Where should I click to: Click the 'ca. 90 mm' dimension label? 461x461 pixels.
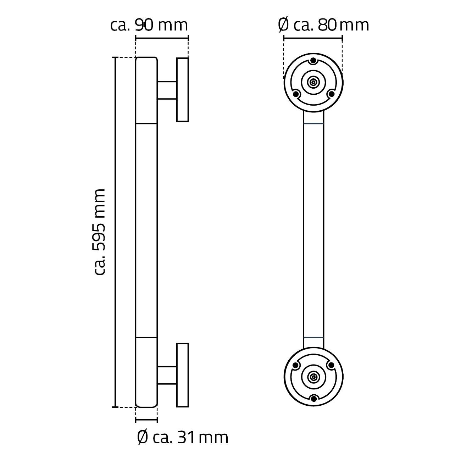point(149,25)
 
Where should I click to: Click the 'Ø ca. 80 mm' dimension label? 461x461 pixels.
point(323,25)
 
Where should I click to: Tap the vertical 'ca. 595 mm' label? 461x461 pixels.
point(100,232)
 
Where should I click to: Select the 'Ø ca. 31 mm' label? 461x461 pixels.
point(182,438)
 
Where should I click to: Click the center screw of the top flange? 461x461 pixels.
point(313,82)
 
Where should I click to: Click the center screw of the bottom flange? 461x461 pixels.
point(313,377)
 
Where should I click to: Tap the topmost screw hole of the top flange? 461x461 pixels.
point(313,61)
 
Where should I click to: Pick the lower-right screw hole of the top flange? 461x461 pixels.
point(331,94)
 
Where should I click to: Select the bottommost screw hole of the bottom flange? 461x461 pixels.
point(313,398)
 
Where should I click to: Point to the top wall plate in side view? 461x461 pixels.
point(183,90)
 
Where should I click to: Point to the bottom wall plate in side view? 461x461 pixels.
point(183,375)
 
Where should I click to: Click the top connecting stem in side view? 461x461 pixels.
point(167,90)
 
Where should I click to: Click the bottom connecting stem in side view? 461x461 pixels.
point(167,375)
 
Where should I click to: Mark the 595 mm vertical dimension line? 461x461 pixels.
point(115,232)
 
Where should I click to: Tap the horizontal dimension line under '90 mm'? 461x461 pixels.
point(162,37)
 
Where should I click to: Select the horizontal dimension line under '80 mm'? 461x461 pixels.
point(313,37)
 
